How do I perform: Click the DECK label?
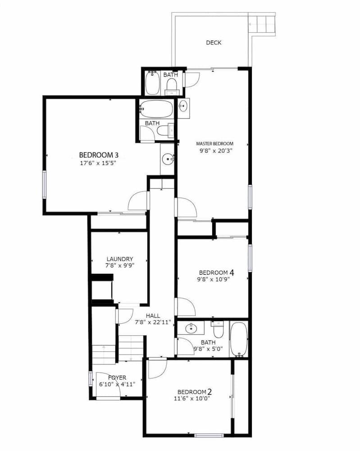[214, 42]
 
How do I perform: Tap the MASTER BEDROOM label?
[214, 143]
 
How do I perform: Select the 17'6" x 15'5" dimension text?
[99, 163]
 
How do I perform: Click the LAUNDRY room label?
[120, 259]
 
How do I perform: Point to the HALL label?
[153, 316]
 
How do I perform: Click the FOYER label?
[117, 377]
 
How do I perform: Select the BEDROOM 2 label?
[195, 392]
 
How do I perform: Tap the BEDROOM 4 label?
[217, 272]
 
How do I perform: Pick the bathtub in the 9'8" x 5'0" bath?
[239, 340]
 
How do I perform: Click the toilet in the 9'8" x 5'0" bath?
[218, 330]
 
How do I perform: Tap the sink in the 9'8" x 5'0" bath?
[190, 327]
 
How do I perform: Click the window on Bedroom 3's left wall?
[45, 184]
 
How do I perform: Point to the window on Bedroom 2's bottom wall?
[209, 435]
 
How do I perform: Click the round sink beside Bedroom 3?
[168, 159]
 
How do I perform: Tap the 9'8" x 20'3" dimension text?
[216, 151]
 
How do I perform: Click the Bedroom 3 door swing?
[138, 201]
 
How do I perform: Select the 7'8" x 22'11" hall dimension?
[155, 322]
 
